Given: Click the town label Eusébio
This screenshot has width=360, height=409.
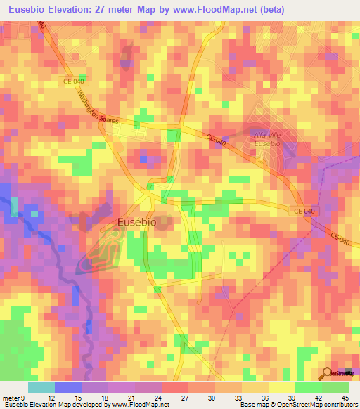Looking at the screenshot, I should point(137,222).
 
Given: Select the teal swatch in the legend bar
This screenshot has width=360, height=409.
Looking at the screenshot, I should point(41,387).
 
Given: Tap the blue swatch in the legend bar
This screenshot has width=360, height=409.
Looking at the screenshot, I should point(67,387).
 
